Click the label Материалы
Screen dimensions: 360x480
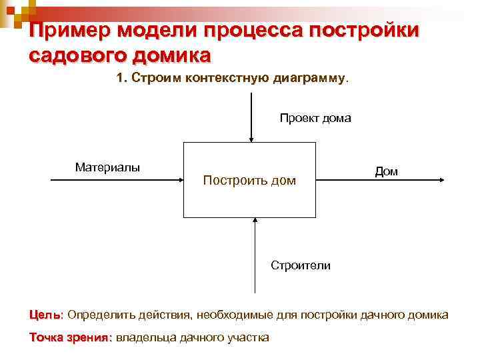click(107, 167)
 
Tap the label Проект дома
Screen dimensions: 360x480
click(315, 118)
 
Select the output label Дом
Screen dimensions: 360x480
click(386, 171)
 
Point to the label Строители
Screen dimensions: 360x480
click(300, 265)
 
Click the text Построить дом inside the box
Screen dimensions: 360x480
click(249, 181)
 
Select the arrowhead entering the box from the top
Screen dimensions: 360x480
click(251, 139)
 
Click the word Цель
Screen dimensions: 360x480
click(45, 314)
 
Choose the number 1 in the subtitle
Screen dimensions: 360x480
click(120, 79)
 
